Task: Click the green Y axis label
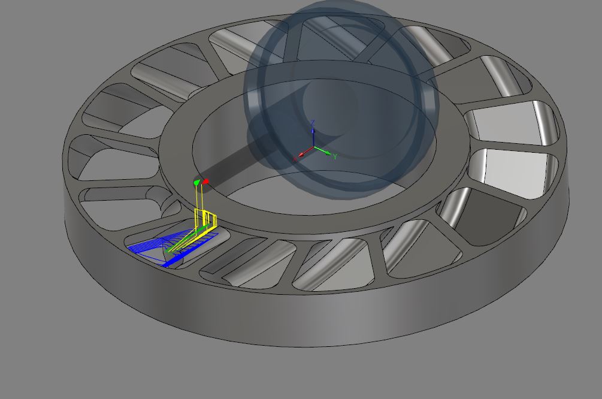(335, 156)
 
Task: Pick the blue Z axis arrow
(313, 135)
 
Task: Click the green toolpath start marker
(196, 182)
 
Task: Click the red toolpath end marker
(206, 181)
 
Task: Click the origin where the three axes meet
(313, 148)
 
